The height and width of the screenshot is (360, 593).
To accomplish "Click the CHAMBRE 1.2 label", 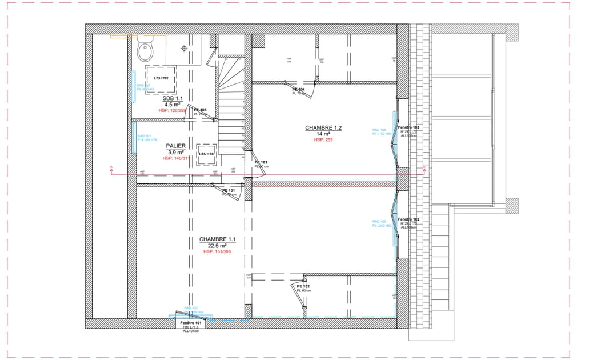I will point(323,127).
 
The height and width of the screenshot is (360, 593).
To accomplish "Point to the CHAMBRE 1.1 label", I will point(217,239).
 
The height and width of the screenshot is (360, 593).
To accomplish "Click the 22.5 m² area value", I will point(217,245).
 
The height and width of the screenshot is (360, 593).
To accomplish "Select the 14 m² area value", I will point(323,134).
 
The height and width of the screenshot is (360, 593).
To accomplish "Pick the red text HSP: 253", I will point(323,140).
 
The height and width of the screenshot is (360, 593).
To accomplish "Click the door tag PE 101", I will point(229,190).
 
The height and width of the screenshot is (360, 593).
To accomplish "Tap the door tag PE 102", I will point(303,286).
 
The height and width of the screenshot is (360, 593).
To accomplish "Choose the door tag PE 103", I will point(261,162).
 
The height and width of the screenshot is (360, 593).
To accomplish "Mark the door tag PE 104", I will point(298,90).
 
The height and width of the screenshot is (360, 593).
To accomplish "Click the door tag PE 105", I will point(200,110).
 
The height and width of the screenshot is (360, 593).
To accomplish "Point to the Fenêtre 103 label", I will point(409,127).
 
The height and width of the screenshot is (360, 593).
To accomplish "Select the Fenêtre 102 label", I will point(409,219).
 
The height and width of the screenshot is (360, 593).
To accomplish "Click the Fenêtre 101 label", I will point(191,323).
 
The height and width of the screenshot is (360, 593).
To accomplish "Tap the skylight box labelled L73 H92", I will point(160,78).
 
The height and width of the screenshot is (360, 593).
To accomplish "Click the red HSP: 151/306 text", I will point(217,251).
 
